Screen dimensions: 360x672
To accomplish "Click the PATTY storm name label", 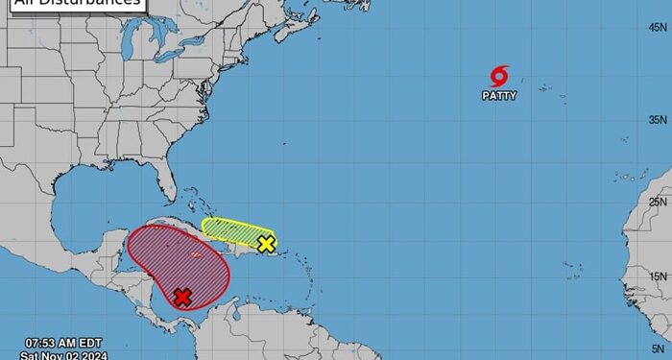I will pos(499,96).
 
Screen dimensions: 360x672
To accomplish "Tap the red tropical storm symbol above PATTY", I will pos(499,77).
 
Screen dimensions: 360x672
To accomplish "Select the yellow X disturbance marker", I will pos(266,244).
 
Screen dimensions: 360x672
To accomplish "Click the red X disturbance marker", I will pos(182,298).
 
